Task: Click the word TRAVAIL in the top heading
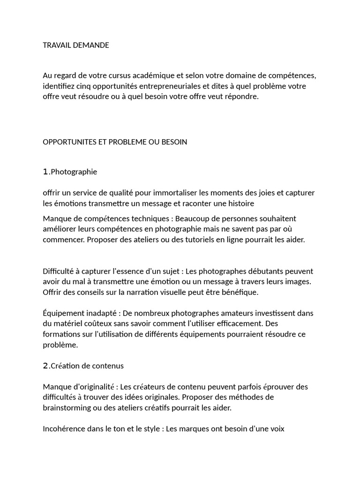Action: (56, 45)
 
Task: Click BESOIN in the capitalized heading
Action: (174, 142)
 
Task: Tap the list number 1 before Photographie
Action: (45, 172)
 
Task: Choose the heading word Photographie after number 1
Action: (74, 172)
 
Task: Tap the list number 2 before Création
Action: (45, 366)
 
